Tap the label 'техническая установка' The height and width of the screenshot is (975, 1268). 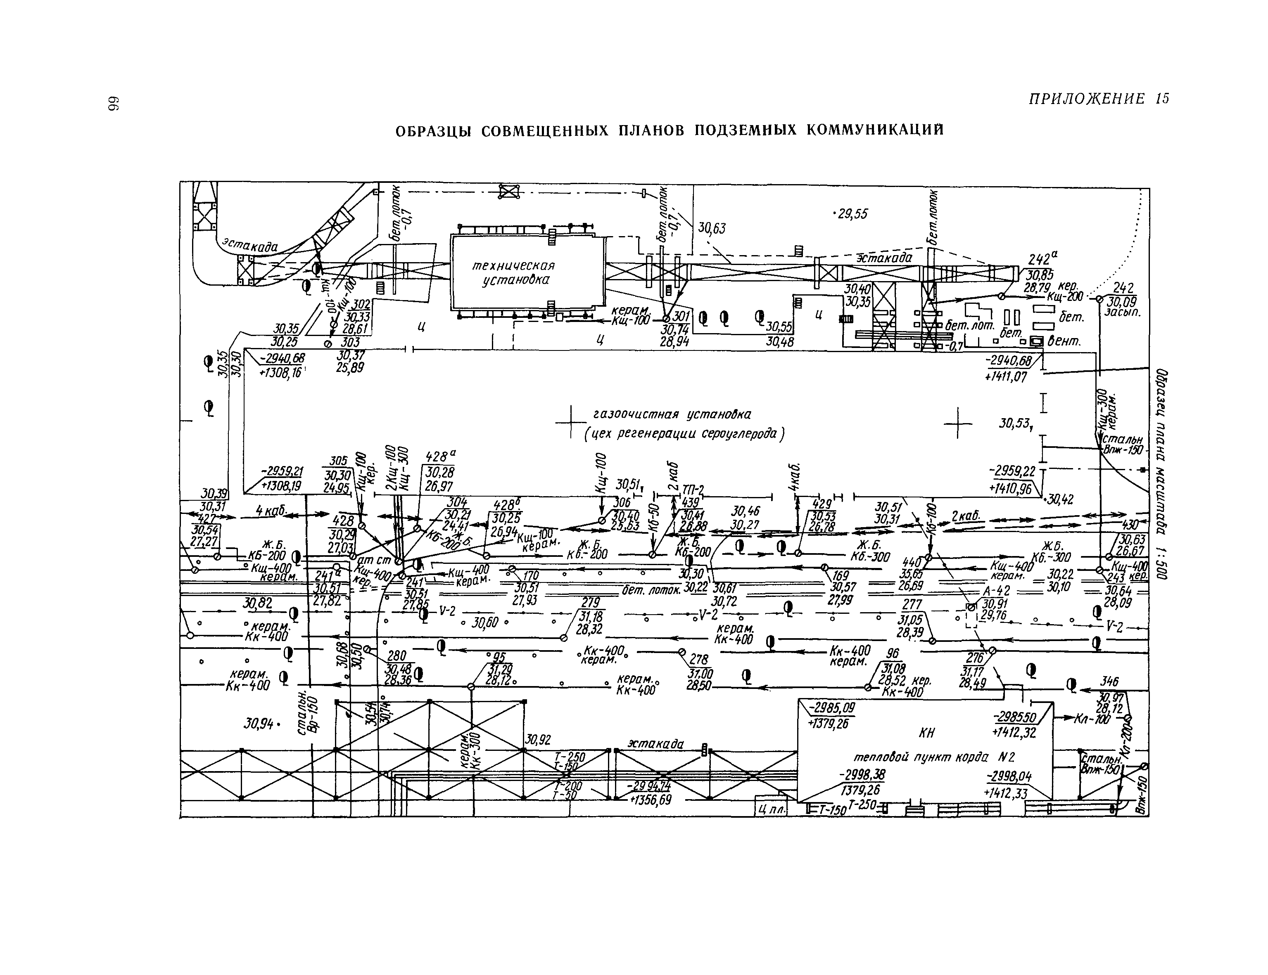tap(513, 273)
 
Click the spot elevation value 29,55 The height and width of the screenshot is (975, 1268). tap(851, 214)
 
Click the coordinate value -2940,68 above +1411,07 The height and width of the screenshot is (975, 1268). tap(1009, 362)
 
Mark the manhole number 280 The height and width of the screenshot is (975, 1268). tap(397, 656)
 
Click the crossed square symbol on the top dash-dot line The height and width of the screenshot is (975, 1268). tap(508, 192)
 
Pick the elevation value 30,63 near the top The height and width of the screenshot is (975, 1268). tap(712, 228)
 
